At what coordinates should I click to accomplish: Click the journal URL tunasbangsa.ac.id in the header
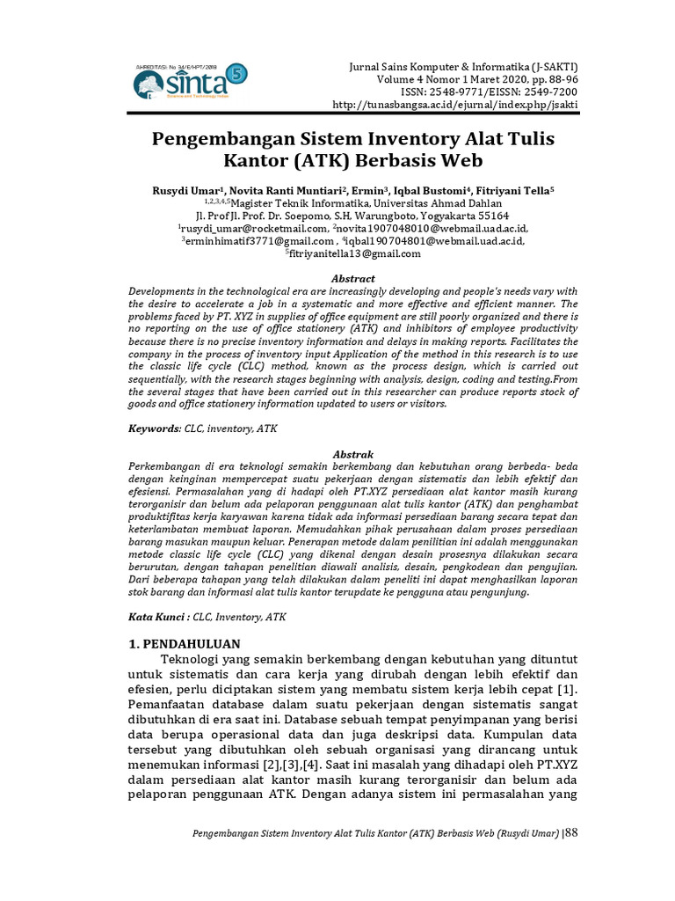click(456, 106)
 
